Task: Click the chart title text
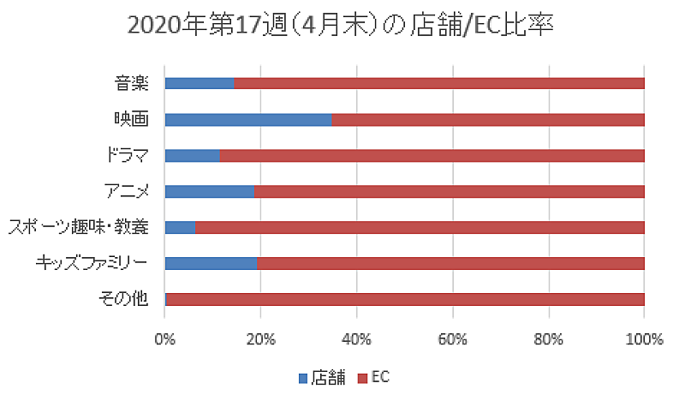[342, 27]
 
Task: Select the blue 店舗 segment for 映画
[247, 119]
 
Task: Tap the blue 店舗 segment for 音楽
[199, 83]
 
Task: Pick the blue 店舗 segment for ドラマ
[192, 155]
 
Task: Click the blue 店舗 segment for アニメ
[209, 191]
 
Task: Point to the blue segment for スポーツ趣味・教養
[179, 227]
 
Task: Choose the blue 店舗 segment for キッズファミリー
[210, 263]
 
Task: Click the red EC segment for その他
[405, 299]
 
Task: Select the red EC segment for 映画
[488, 119]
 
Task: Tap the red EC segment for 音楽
[439, 83]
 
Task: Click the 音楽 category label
[132, 83]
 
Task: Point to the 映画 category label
[132, 119]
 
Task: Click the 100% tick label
[645, 339]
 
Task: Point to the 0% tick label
[164, 339]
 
